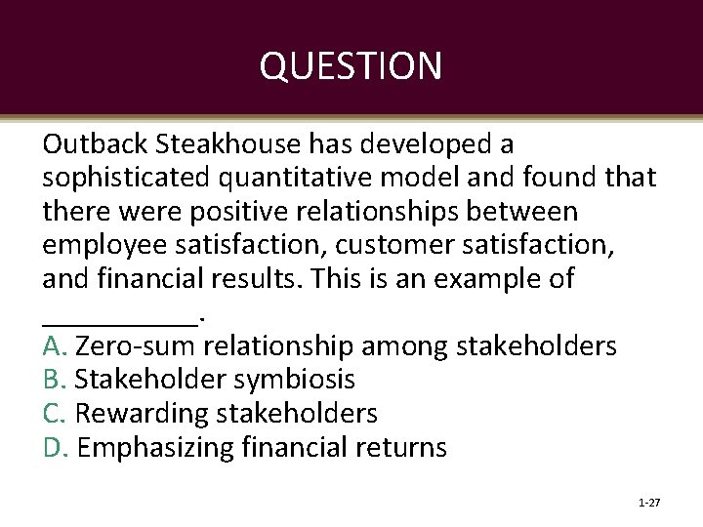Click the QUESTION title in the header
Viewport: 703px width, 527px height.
[351, 66]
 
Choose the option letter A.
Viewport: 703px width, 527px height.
[53, 346]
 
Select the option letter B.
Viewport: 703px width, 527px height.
[53, 380]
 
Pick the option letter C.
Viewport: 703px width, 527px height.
[53, 414]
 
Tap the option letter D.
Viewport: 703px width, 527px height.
[54, 448]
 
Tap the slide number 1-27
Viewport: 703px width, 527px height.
[648, 504]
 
